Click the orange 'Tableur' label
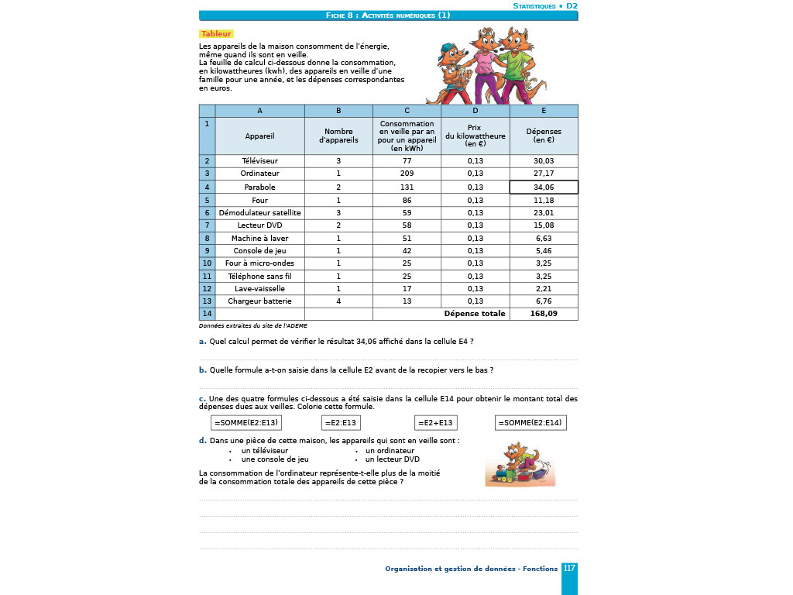[216, 34]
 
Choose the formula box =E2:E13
[342, 422]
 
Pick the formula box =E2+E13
[435, 422]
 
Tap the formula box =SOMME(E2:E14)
[531, 422]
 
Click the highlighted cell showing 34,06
[544, 187]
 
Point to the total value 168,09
[544, 314]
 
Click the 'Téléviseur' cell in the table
[259, 161]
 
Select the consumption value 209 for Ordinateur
[407, 174]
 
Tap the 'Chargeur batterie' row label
[259, 301]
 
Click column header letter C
[407, 111]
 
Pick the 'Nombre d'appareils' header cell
[338, 136]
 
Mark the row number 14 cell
[207, 314]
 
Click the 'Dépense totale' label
[475, 314]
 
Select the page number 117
[569, 569]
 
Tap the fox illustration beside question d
[517, 465]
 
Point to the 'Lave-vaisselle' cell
[259, 288]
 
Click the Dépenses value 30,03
[544, 161]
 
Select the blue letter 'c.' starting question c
[202, 399]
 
